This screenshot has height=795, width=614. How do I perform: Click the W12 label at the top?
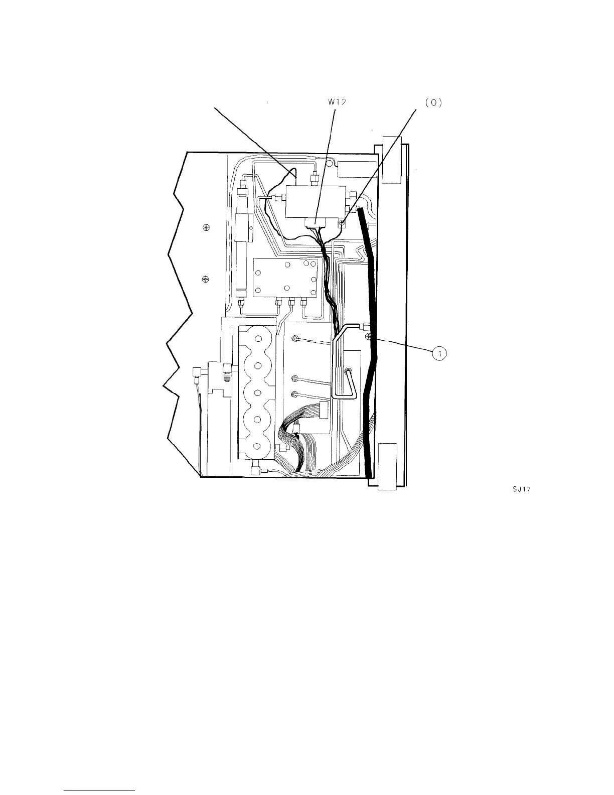click(337, 102)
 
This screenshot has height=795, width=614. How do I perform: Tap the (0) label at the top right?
click(432, 102)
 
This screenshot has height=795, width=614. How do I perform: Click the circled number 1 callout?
click(439, 354)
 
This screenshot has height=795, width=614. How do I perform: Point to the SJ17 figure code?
click(520, 491)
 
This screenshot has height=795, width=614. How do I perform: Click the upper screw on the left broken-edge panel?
click(206, 228)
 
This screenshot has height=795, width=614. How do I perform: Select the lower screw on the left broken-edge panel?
click(205, 279)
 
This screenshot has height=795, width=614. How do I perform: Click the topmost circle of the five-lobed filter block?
click(257, 340)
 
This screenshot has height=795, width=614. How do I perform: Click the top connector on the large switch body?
click(316, 178)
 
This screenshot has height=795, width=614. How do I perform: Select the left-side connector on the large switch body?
click(275, 198)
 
